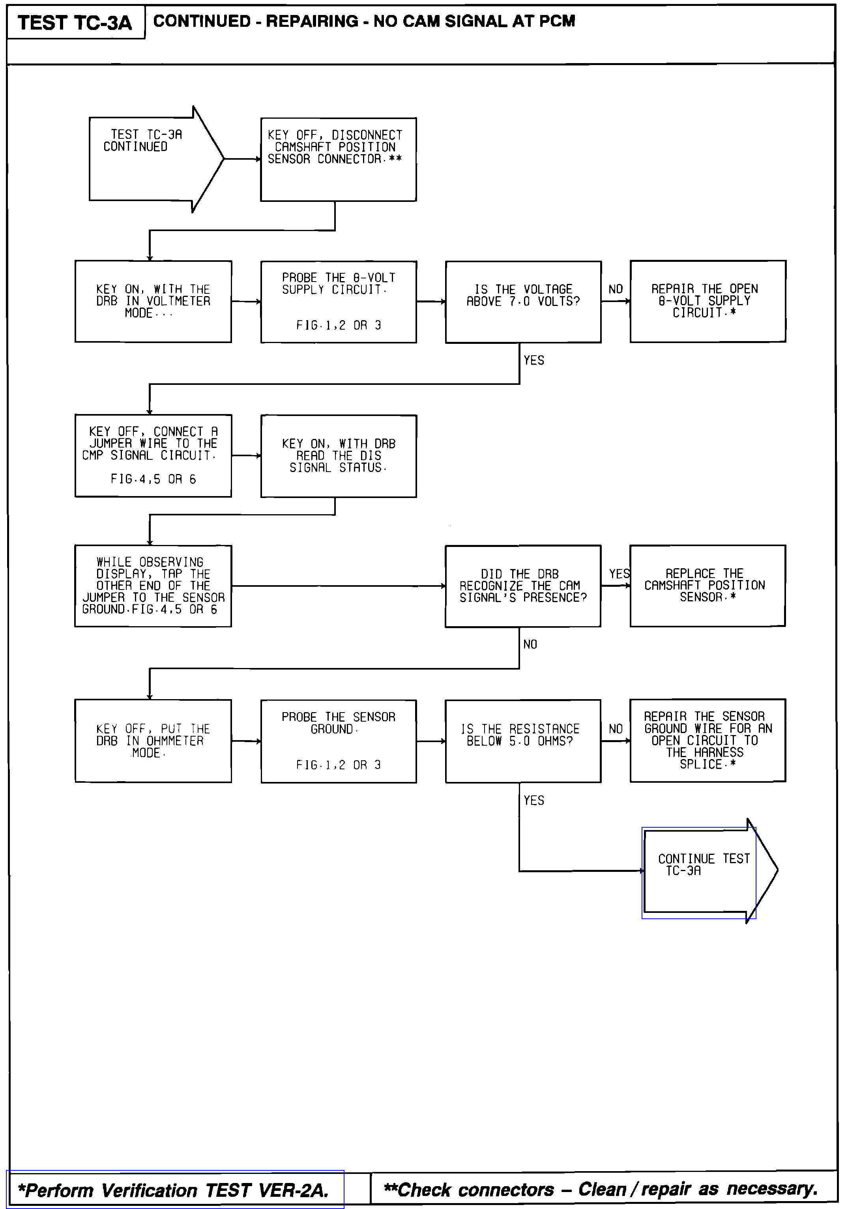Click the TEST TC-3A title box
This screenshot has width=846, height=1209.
75,22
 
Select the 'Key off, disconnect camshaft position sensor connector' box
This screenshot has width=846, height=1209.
338,159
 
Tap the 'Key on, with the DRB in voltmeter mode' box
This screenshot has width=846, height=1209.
153,301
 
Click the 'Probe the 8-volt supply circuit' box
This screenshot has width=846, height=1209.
338,301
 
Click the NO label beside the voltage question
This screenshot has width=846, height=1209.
615,289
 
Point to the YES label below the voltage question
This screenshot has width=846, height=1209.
533,360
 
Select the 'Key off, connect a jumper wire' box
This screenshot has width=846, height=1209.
153,455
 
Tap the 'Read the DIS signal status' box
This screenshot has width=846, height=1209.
338,455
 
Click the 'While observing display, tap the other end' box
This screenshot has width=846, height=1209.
153,586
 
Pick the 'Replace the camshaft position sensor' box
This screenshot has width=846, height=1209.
707,585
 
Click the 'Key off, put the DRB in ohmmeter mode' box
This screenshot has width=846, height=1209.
153,741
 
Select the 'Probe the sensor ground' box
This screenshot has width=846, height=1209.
338,741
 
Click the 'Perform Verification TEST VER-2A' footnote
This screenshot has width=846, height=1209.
174,1190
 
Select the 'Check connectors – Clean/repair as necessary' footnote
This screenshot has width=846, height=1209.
601,1189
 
